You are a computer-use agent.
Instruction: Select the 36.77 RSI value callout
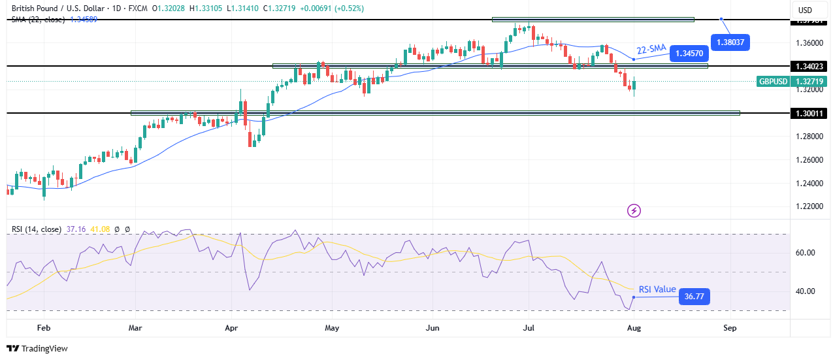694,297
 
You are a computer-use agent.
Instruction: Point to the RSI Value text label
656,289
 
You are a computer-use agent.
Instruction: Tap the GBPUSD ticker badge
774,82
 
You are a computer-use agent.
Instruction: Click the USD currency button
805,10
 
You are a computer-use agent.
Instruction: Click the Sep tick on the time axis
730,328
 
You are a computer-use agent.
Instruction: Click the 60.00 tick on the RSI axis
806,253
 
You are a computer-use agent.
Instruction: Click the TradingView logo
37,348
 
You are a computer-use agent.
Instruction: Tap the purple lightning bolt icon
634,210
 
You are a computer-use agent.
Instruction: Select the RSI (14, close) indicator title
37,229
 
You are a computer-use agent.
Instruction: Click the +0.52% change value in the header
349,8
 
